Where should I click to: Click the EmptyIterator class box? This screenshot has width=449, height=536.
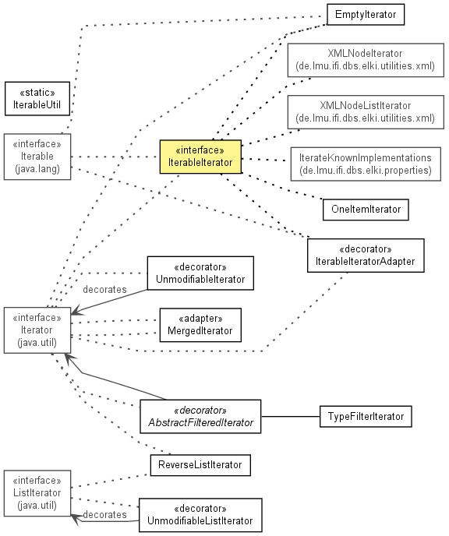[366, 14]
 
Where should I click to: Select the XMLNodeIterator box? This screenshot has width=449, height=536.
[366, 60]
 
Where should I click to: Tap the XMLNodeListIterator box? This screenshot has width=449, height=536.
[366, 112]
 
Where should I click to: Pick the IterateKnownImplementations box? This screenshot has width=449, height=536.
[366, 164]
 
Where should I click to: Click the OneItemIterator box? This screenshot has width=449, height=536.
[366, 210]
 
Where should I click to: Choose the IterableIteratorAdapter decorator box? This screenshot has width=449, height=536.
[366, 256]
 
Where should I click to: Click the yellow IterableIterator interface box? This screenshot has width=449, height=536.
[200, 157]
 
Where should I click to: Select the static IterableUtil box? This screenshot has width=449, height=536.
[37, 98]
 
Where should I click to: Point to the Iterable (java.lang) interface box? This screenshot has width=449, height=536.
[37, 157]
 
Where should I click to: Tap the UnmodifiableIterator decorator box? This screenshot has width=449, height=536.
[200, 273]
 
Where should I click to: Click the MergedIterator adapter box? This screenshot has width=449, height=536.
[200, 325]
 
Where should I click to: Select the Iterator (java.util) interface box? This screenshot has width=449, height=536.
[37, 330]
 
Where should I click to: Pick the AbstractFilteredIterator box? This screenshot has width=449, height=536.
[200, 416]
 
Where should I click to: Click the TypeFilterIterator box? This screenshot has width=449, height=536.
[366, 416]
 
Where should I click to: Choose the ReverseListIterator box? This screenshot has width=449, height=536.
[200, 465]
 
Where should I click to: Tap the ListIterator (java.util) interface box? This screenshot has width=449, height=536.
[37, 493]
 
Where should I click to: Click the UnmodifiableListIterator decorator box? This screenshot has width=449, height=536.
[200, 515]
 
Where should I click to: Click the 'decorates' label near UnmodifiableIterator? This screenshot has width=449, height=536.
[104, 290]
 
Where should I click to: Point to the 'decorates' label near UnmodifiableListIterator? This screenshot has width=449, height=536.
[104, 514]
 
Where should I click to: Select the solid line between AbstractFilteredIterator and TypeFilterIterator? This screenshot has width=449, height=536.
[290, 416]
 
